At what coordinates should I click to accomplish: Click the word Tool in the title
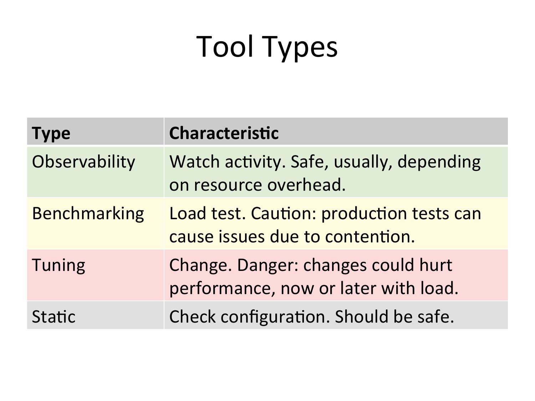224,46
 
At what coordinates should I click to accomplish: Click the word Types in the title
300,48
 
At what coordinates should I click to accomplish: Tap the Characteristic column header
224,133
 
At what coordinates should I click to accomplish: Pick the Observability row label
83,162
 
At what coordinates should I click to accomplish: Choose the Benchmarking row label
88,214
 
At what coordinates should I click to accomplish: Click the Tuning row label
58,266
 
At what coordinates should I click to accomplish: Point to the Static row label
53,317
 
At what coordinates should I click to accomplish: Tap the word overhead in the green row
306,185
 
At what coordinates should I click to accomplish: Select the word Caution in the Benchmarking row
284,214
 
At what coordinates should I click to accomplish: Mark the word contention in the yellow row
370,237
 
